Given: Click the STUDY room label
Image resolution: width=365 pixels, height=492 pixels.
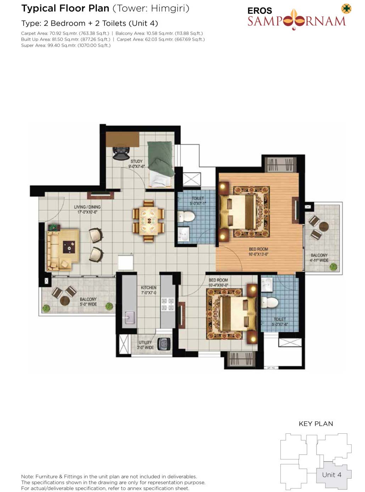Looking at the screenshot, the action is coord(136,161).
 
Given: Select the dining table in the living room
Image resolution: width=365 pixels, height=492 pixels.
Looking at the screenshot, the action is coord(148,221).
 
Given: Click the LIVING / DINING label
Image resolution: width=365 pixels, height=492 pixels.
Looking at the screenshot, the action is coord(87,207).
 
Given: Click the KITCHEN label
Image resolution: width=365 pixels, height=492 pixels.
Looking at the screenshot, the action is coord(148,288).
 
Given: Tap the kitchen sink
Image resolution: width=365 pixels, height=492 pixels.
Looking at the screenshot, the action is coord(129,317).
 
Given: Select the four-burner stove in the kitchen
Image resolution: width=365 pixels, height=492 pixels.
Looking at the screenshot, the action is coord(168,304).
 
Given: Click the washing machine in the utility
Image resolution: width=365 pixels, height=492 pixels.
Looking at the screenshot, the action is coord(164,344).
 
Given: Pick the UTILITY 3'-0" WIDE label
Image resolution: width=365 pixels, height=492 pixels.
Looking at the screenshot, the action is coord(145,345).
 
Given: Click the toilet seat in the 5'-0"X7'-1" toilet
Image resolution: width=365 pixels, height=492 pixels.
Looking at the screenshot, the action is coord(186,216).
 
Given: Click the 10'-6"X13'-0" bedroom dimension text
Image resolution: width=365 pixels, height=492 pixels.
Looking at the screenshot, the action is coord(258,254).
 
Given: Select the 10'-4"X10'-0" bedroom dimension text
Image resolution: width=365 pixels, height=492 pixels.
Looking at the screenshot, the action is coord(218,285).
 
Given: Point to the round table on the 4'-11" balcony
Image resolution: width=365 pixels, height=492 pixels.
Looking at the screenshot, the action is coord(324,226).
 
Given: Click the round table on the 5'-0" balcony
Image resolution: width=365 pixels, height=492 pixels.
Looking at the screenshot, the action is coord(65,301).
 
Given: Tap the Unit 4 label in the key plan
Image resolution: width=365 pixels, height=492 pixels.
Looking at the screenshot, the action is coord(331,475).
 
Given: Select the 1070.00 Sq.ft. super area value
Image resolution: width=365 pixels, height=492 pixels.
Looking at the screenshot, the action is coord(94,46).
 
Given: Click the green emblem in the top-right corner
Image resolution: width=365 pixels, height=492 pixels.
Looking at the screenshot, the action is coord(346,9).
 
